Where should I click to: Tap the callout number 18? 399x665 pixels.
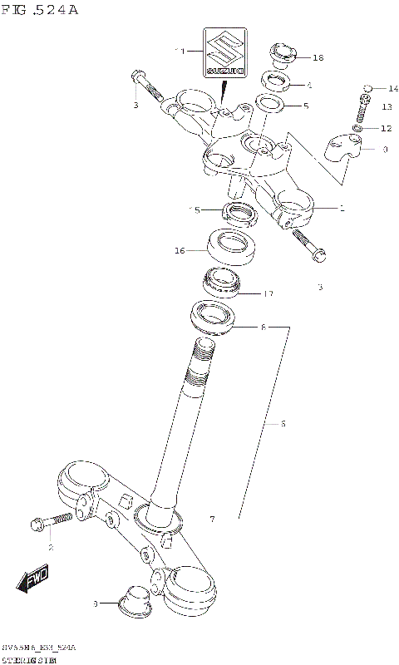(x=318, y=57)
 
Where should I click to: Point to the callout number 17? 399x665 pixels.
(x=268, y=293)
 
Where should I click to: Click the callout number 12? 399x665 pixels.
(x=386, y=128)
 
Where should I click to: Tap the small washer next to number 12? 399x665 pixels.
(x=357, y=128)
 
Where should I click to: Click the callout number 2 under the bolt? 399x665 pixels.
(x=50, y=547)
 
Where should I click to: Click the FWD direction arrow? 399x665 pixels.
(x=34, y=581)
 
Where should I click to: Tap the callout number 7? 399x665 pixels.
(x=212, y=520)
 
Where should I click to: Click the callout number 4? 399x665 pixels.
(x=308, y=85)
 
